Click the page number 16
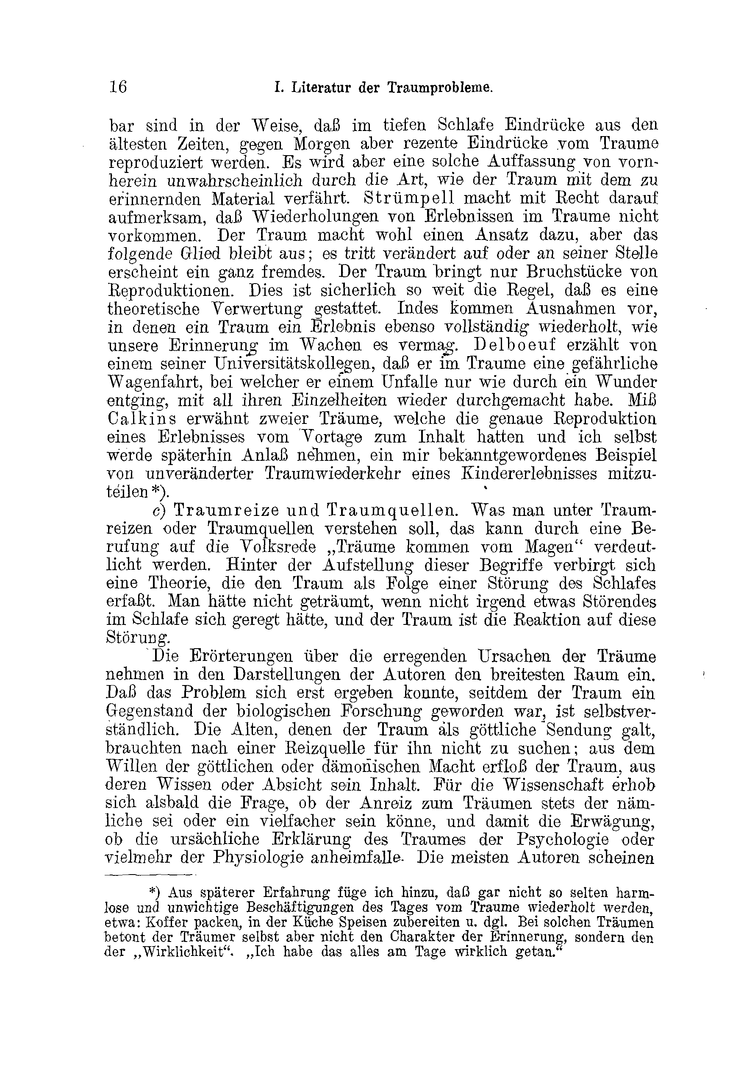(118, 87)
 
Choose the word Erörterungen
(241, 657)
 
